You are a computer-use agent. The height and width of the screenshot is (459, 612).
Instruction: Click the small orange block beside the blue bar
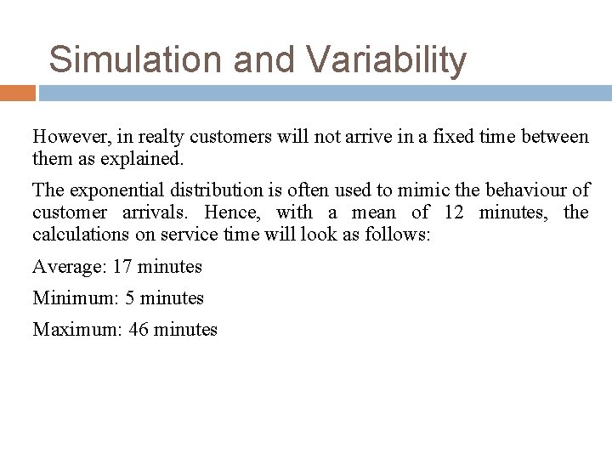(18, 92)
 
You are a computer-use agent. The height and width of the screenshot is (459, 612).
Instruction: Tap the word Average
(65, 267)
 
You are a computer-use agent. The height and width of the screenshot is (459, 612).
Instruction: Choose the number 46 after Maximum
(139, 329)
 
